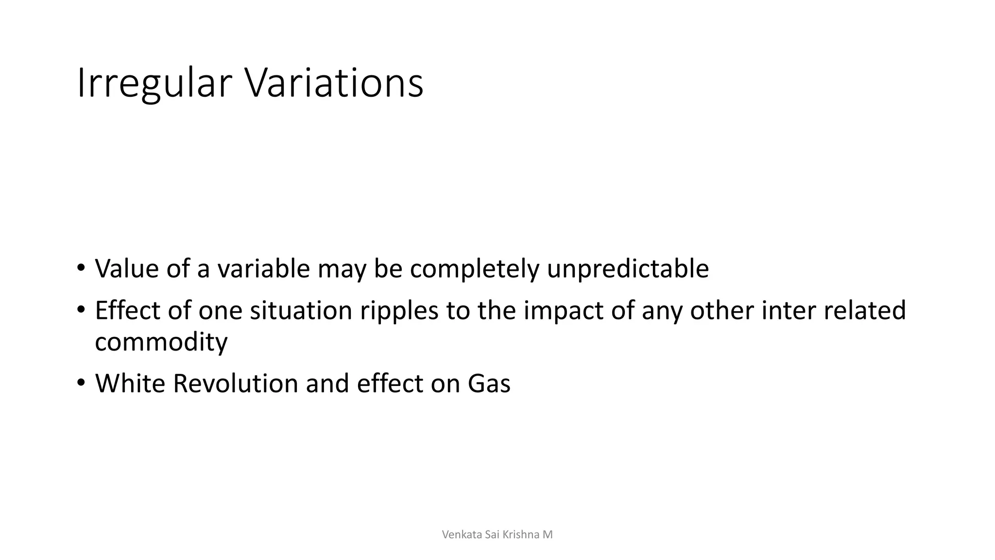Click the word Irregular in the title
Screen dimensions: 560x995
[x=154, y=84]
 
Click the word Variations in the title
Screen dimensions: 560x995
[x=334, y=84]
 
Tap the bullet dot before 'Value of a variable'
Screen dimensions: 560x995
[x=81, y=268]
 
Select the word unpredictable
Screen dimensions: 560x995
[x=628, y=269]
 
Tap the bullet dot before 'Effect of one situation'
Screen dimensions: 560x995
[x=81, y=310]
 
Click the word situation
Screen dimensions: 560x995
[x=301, y=310]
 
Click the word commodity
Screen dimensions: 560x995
[x=161, y=342]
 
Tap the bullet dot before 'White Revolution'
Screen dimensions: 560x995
[x=81, y=383]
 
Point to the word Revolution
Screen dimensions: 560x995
[x=235, y=383]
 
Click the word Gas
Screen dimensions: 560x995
[x=489, y=383]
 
